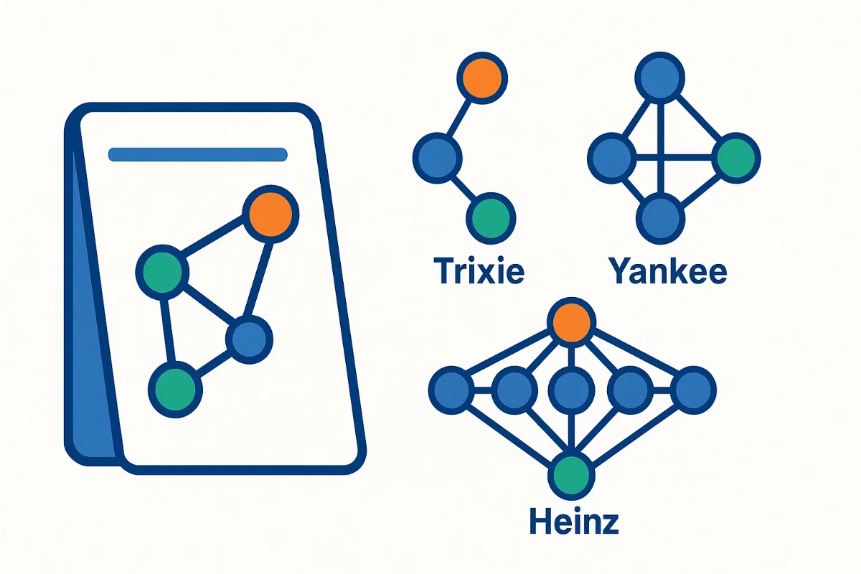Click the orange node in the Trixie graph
point(482,77)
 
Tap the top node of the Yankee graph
point(659,77)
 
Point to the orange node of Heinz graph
point(572,323)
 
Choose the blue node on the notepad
point(249,337)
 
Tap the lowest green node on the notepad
point(175,388)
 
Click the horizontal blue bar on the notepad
point(197,154)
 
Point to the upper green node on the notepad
point(163,271)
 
